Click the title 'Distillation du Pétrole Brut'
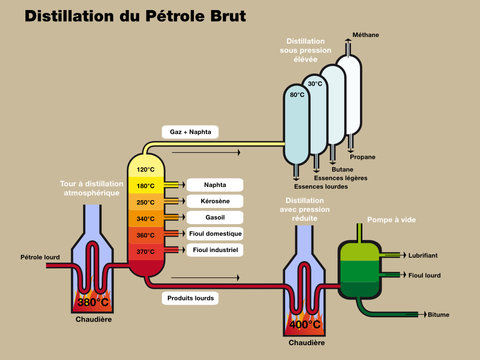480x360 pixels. (x=134, y=17)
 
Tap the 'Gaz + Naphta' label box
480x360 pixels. (x=188, y=131)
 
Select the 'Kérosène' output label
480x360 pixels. (x=214, y=201)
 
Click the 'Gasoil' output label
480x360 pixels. (x=214, y=217)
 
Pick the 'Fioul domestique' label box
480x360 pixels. (x=214, y=233)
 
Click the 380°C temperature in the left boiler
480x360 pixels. (x=92, y=302)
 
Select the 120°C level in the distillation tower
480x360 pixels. (x=146, y=170)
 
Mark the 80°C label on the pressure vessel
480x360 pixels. (x=297, y=95)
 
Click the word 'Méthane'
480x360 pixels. (x=366, y=35)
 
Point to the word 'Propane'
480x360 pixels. (x=363, y=157)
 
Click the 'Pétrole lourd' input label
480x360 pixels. (x=40, y=257)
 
